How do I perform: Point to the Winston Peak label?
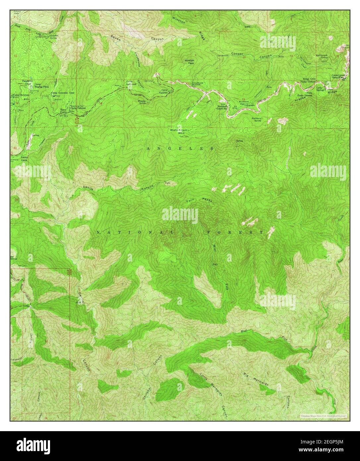(x=190, y=62)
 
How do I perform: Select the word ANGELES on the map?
(x=180, y=149)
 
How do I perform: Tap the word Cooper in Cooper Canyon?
(x=237, y=53)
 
